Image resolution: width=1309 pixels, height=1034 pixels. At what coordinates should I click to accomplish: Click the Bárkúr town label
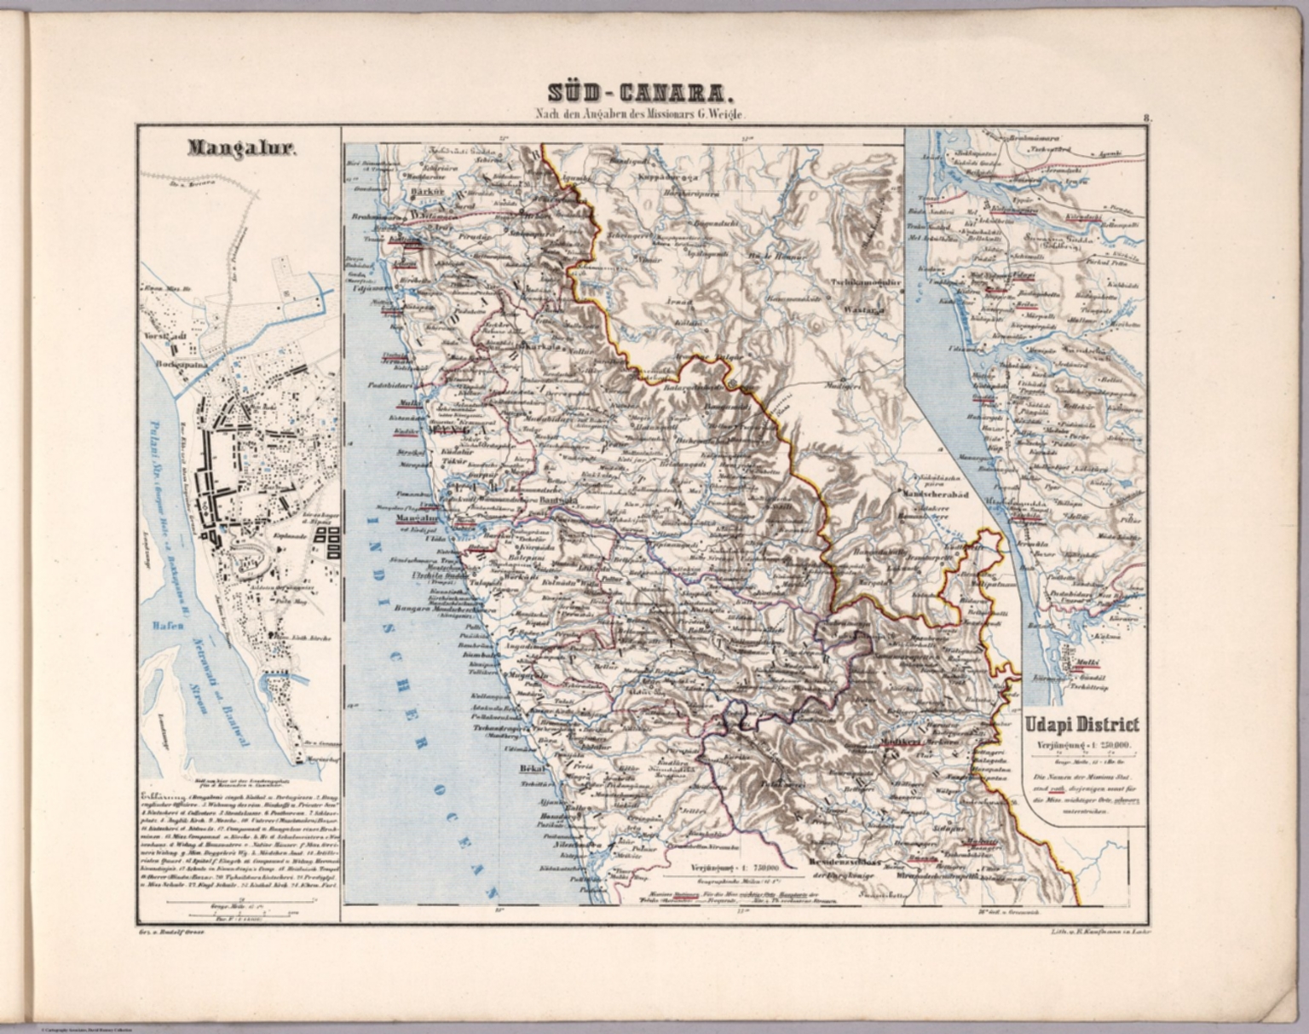pyautogui.click(x=424, y=193)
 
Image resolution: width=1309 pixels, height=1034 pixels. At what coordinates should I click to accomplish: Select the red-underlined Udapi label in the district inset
pyautogui.click(x=1023, y=276)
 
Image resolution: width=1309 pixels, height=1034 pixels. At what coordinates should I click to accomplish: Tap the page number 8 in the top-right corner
pyautogui.click(x=1148, y=120)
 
